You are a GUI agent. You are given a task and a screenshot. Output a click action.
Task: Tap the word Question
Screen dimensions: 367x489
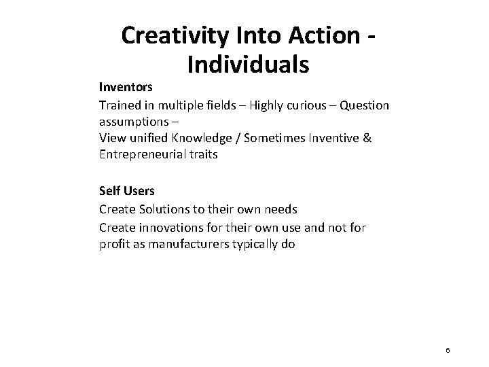click(x=365, y=105)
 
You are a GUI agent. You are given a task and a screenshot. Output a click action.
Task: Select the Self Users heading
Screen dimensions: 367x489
click(x=127, y=192)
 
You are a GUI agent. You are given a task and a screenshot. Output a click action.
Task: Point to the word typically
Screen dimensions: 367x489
click(x=259, y=245)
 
